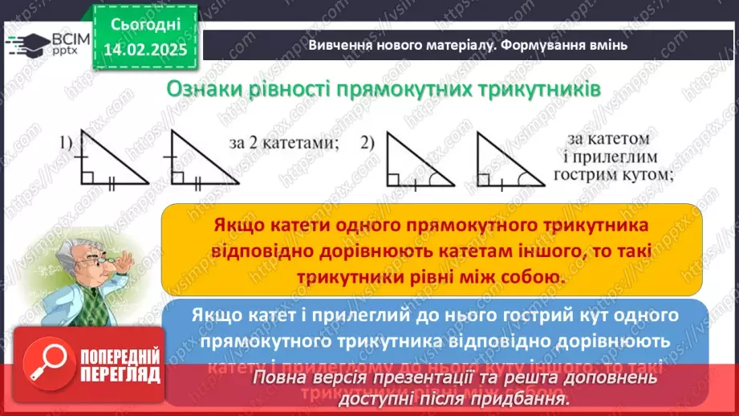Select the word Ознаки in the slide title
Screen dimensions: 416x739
coord(204,88)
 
